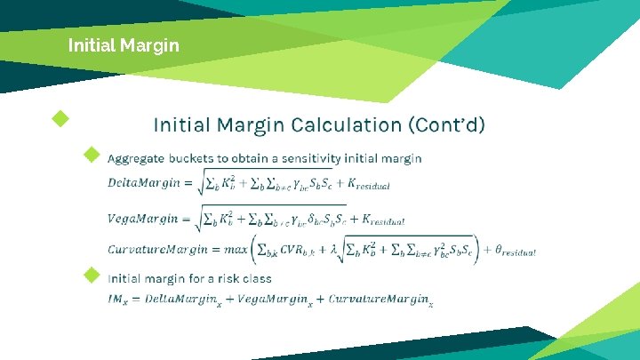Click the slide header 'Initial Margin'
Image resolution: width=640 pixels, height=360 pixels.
124,44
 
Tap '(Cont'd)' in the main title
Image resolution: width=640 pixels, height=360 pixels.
446,124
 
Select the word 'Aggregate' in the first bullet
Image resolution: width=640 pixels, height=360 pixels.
135,158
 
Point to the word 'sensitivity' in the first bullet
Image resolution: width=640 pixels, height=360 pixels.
303,158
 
